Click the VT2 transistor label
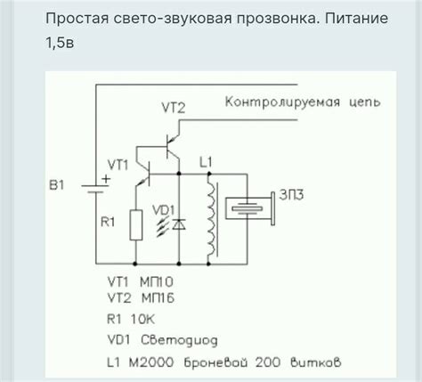[173, 108]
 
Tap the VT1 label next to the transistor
[118, 164]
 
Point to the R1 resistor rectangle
[134, 224]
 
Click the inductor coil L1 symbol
[211, 221]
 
